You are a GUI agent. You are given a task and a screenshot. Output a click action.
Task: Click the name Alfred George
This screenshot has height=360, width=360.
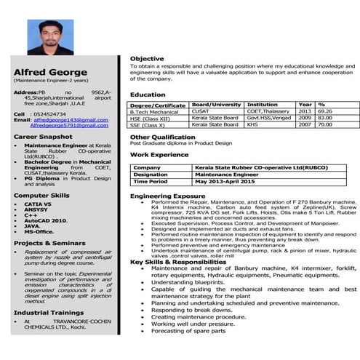click(44, 71)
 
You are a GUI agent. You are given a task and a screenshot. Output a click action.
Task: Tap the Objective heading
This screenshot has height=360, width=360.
click(146, 57)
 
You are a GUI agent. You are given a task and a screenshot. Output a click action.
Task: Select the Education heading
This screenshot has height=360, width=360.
click(148, 95)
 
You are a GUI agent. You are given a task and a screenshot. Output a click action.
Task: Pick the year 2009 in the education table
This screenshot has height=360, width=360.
click(304, 118)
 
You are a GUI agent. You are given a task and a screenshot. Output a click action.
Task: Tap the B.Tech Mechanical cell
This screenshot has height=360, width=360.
click(153, 111)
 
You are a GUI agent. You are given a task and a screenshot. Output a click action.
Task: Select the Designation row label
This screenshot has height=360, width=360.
click(151, 175)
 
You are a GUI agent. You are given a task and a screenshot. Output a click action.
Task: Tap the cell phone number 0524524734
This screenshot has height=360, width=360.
click(49, 113)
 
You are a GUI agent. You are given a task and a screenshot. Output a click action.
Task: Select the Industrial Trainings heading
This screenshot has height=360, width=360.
click(44, 311)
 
